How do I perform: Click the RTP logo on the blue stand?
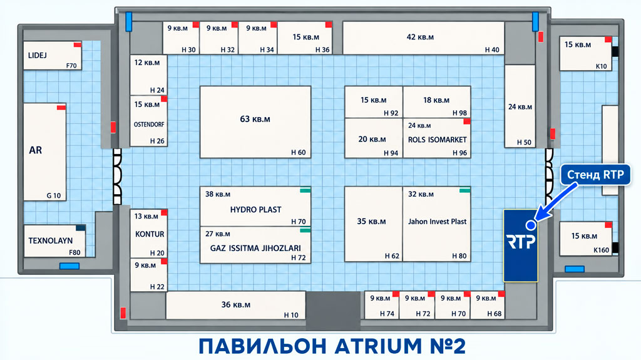click(x=520, y=241)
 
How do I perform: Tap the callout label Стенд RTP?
click(x=595, y=175)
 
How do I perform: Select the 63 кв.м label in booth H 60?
click(x=255, y=119)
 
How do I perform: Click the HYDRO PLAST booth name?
click(x=255, y=210)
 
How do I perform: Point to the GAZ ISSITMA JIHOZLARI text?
click(x=255, y=248)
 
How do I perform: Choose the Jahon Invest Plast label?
click(x=437, y=221)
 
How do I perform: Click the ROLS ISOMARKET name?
click(x=437, y=140)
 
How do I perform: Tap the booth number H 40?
click(x=492, y=49)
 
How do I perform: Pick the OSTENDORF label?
click(x=149, y=125)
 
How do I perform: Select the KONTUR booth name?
click(x=150, y=234)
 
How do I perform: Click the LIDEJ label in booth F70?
click(x=37, y=55)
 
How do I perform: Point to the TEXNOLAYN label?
click(x=50, y=240)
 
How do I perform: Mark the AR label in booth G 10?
click(x=35, y=150)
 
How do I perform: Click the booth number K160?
click(x=602, y=250)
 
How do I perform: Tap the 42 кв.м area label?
click(x=420, y=37)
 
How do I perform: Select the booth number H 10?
click(x=291, y=315)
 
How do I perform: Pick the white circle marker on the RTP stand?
click(x=531, y=225)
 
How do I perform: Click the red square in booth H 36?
click(x=329, y=25)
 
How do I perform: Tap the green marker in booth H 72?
click(x=305, y=230)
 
